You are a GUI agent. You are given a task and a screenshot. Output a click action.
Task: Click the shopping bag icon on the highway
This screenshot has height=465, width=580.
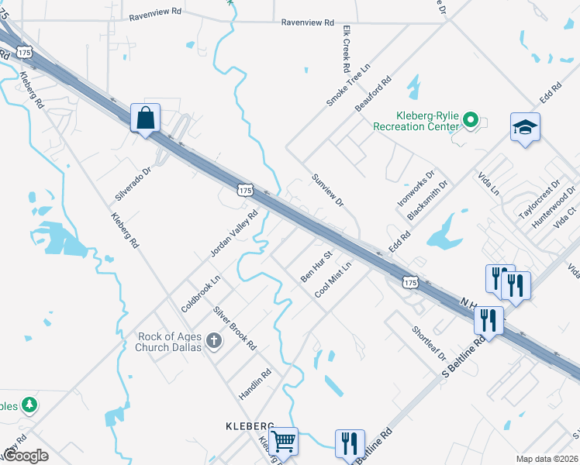coord(145,119)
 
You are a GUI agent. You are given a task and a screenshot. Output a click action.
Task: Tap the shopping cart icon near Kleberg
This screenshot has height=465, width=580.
coord(284,442)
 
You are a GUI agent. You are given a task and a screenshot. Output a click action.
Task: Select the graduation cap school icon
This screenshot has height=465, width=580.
coord(525,128)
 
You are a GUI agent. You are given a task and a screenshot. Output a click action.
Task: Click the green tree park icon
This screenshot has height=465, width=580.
coord(29,405)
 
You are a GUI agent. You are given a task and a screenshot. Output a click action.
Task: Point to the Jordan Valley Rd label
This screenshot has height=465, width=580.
coord(233,232)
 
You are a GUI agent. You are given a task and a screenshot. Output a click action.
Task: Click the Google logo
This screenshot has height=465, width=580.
coord(26,456)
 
